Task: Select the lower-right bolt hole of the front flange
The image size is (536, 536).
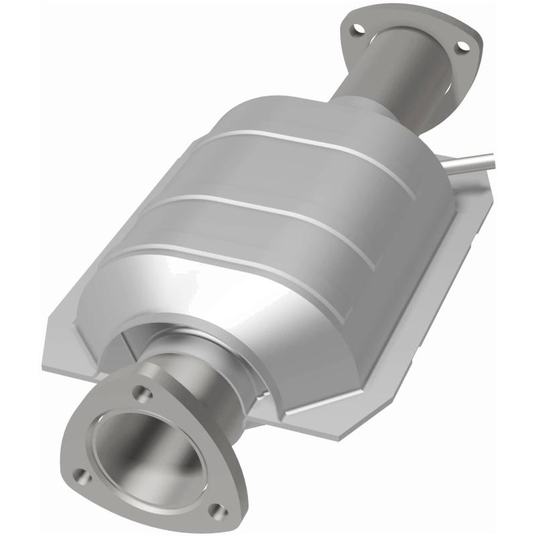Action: [x=214, y=511]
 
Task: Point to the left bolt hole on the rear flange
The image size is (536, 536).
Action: [x=356, y=29]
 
